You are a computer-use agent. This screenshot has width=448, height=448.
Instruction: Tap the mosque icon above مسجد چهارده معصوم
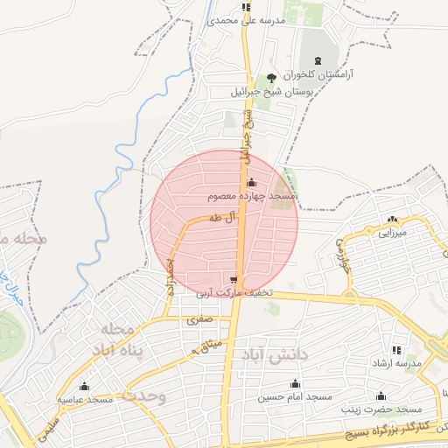[252, 183]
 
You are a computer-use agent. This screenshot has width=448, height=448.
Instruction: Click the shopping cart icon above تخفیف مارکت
[233, 280]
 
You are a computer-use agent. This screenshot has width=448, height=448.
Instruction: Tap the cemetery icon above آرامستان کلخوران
[317, 60]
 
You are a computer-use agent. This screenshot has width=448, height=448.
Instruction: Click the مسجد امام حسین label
[295, 397]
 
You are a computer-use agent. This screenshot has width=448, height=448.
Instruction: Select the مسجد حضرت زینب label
[380, 409]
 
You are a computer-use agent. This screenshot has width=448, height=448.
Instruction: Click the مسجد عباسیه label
[86, 399]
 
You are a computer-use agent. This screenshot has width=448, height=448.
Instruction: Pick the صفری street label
[198, 320]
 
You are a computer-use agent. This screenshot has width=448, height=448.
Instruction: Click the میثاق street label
[208, 347]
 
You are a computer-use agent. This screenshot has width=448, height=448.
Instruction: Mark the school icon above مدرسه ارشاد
[395, 349]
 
